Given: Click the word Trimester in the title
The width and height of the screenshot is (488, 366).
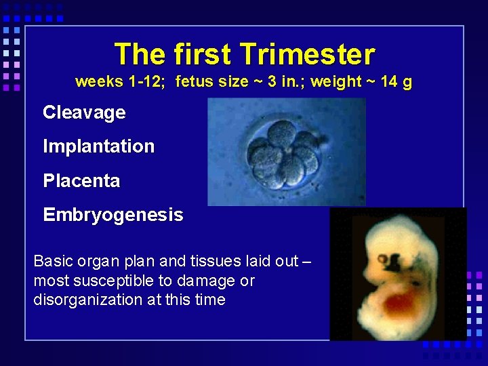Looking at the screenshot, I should tap(307, 54).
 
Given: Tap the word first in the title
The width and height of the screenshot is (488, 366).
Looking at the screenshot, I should tap(203, 54).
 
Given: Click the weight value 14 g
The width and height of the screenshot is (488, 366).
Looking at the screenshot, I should tap(397, 82).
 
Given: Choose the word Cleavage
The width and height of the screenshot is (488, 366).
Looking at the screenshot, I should tap(84, 113).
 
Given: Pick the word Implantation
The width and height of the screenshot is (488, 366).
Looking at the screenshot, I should tap(98, 146).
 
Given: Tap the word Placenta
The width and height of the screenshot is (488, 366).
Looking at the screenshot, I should tap(81, 181).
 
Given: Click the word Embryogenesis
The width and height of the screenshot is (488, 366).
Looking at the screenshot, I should tap(113, 216).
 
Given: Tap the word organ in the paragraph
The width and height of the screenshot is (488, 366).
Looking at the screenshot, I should tap(102, 262).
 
